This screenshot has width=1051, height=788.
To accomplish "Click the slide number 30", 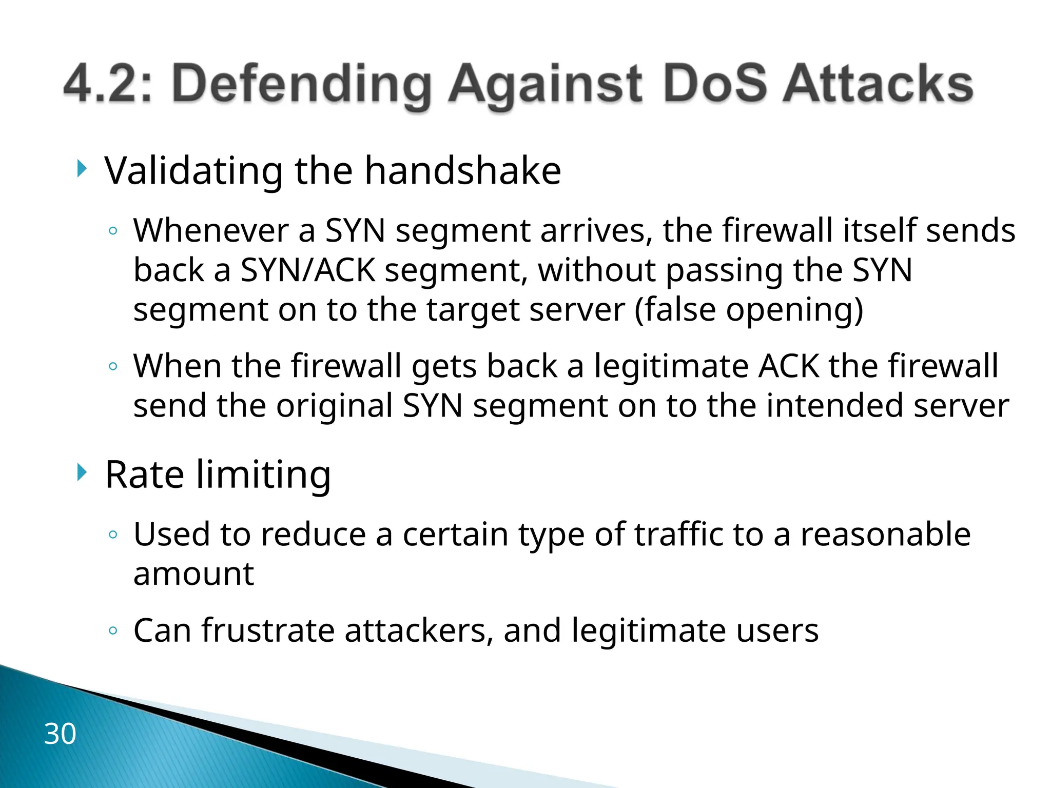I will tap(60, 734).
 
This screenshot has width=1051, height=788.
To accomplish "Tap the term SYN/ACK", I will tap(307, 270).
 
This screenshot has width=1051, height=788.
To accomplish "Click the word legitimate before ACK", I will tap(671, 366).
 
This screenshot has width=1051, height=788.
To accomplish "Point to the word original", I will tap(335, 406).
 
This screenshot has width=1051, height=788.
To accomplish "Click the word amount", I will tap(193, 574).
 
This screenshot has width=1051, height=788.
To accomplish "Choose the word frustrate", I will tap(268, 631).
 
